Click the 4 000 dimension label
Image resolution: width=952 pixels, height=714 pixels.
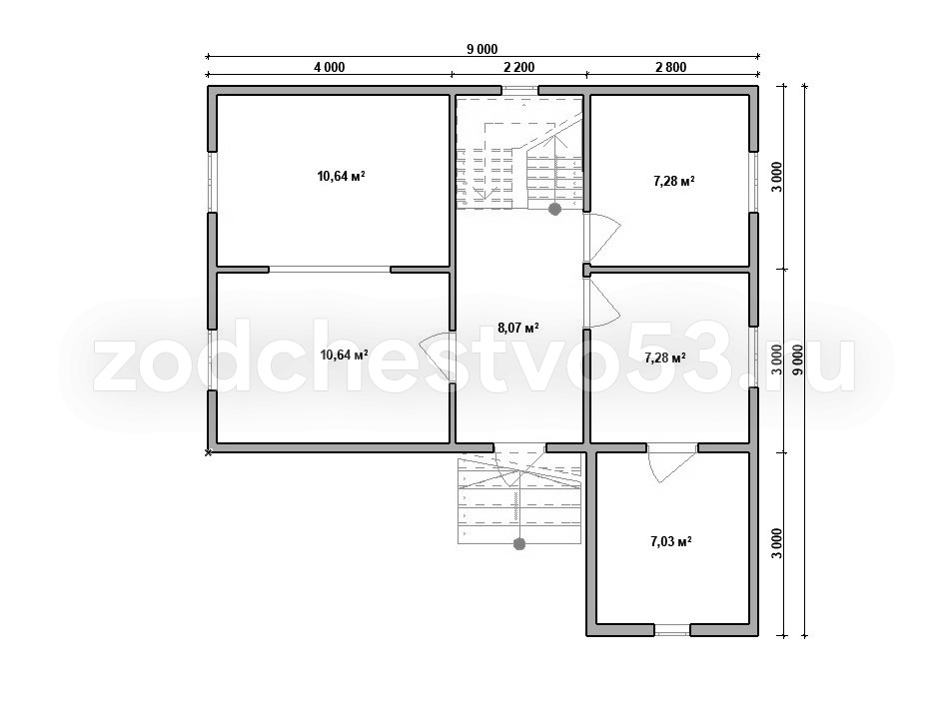(329, 67)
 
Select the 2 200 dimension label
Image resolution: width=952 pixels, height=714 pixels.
(519, 67)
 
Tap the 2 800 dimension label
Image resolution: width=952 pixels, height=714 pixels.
(670, 67)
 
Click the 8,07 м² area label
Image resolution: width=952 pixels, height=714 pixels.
(518, 328)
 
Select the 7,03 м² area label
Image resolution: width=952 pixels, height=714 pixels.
(671, 541)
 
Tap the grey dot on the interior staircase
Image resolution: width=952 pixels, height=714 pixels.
(554, 210)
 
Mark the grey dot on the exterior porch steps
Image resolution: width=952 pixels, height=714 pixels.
(519, 544)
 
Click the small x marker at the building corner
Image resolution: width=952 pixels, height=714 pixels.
(208, 452)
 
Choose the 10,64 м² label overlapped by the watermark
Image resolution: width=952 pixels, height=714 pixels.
(345, 355)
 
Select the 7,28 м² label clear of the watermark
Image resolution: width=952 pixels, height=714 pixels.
(674, 181)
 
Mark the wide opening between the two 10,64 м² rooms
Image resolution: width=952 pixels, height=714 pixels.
(329, 269)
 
